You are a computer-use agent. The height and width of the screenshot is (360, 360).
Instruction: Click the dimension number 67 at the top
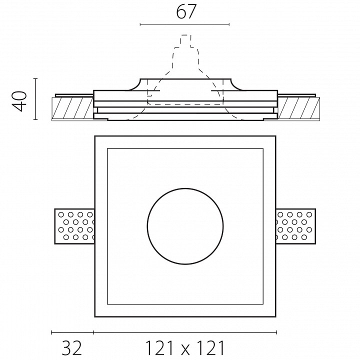coord(186,11)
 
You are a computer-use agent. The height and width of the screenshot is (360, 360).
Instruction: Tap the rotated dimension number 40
coord(19,101)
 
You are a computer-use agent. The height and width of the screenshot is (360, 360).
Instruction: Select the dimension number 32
coord(71,347)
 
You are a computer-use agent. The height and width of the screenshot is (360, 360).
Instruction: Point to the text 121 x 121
coord(185,347)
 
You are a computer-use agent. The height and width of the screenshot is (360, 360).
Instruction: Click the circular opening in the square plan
coord(185,226)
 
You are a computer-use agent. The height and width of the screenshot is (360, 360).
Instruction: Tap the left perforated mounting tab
coord(74,226)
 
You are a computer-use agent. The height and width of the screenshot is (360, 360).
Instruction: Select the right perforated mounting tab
coord(295,226)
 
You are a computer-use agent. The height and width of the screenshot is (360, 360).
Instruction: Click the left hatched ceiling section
coord(72,108)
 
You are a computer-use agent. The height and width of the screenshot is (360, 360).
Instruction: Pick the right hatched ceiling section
coord(298,108)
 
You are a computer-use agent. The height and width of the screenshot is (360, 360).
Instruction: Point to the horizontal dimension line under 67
coord(184,24)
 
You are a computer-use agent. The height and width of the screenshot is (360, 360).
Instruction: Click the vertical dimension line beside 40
coord(35,99)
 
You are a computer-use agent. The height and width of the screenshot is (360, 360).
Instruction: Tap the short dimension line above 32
coord(72,332)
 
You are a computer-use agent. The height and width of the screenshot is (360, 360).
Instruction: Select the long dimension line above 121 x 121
coord(185,332)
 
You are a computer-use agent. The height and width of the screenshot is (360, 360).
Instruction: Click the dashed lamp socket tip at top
coord(185,35)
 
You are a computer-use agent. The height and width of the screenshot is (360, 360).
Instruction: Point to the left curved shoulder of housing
coord(135,84)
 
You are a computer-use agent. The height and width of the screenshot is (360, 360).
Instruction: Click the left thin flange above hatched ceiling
coord(74,95)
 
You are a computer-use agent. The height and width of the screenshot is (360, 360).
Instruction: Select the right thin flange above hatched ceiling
coord(297,95)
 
